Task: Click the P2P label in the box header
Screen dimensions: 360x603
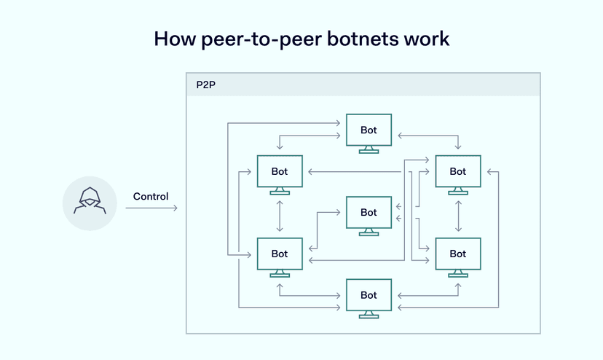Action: pyautogui.click(x=206, y=85)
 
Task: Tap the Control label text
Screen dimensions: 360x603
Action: pyautogui.click(x=151, y=197)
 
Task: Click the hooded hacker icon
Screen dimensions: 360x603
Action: pyautogui.click(x=90, y=203)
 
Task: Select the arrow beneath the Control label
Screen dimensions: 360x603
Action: pyautogui.click(x=151, y=208)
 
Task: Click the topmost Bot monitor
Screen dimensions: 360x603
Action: pyautogui.click(x=368, y=130)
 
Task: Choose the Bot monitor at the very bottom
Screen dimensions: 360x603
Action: pyautogui.click(x=368, y=294)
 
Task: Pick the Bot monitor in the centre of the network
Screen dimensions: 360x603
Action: pyautogui.click(x=368, y=212)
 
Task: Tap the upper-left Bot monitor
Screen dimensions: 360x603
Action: pyautogui.click(x=280, y=172)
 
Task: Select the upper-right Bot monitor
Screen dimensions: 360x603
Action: pyautogui.click(x=457, y=172)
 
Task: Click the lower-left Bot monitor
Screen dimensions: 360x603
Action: pyautogui.click(x=280, y=254)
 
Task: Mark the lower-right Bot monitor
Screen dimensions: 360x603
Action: pyautogui.click(x=457, y=254)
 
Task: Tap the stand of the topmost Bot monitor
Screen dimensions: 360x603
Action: pyautogui.click(x=368, y=149)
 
